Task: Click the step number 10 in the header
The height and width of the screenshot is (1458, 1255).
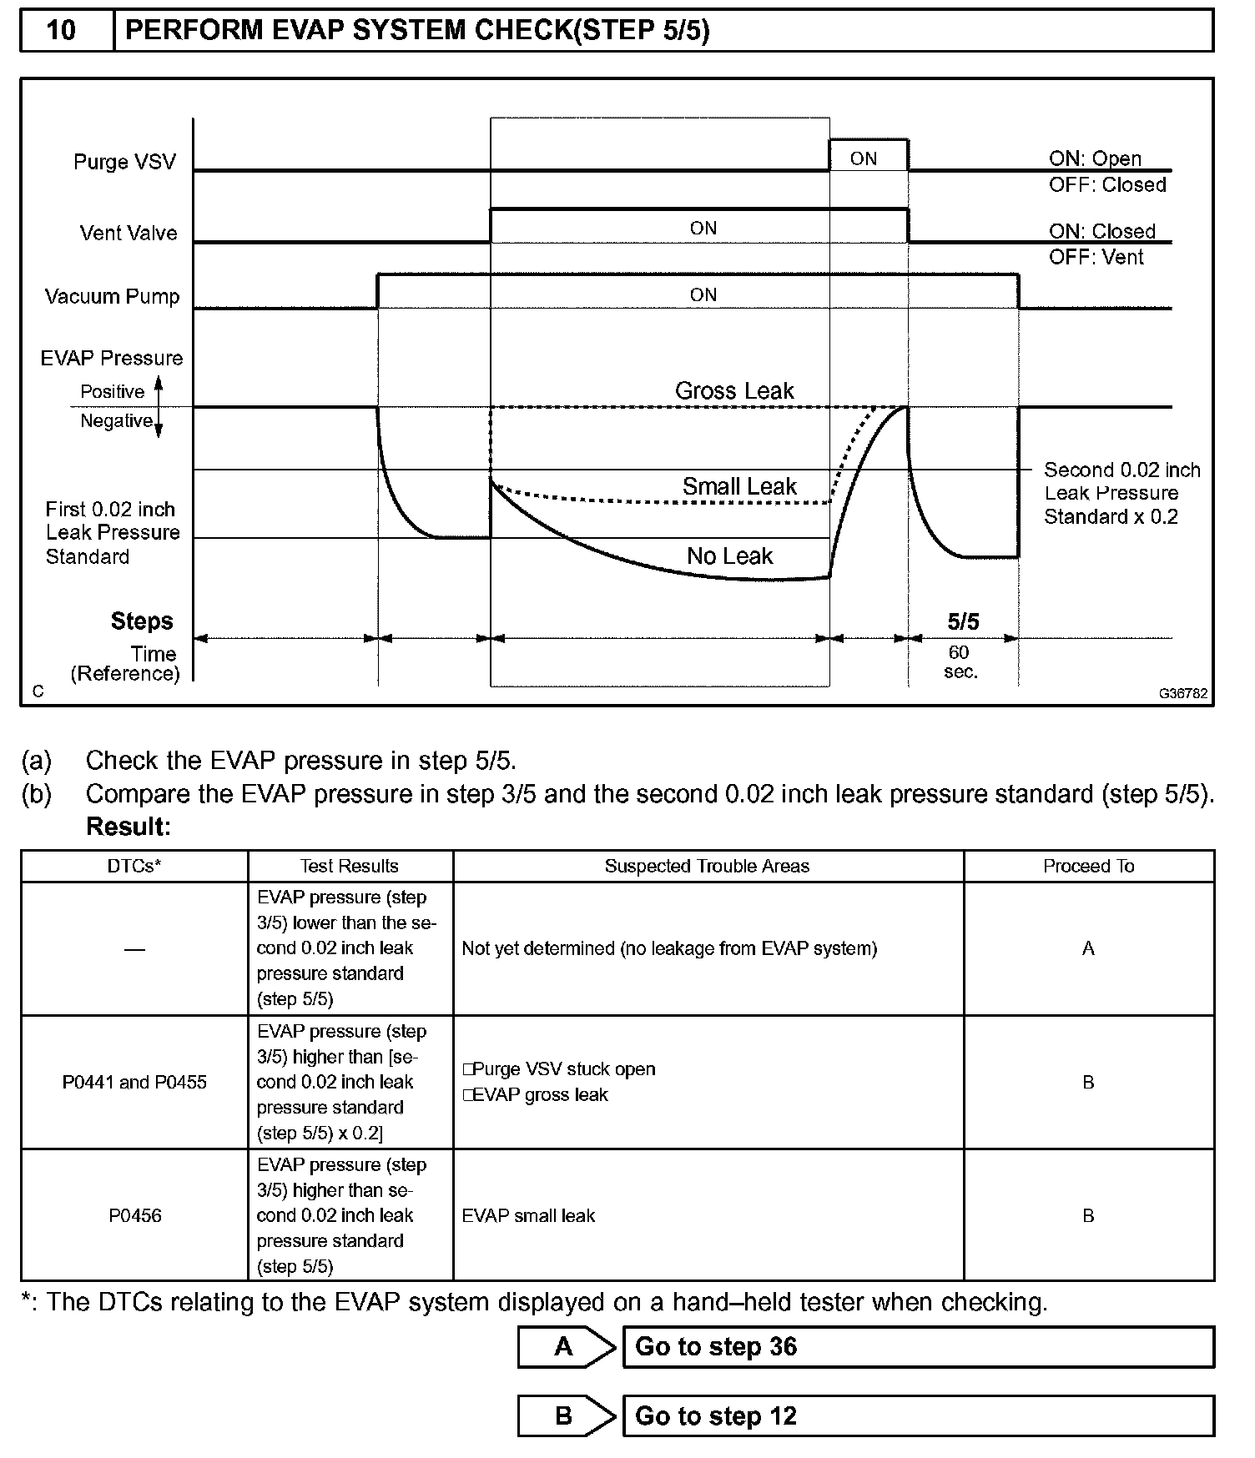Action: pyautogui.click(x=61, y=31)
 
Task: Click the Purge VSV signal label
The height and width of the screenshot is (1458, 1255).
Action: pyautogui.click(x=124, y=162)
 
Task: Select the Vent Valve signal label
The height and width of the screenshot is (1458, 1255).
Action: pyautogui.click(x=129, y=233)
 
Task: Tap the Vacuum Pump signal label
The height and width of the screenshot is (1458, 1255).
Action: pyautogui.click(x=112, y=297)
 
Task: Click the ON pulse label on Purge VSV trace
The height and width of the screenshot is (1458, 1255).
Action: pyautogui.click(x=864, y=158)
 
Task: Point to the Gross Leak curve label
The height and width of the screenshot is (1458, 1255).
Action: pyautogui.click(x=734, y=390)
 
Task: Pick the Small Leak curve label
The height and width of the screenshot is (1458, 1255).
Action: pyautogui.click(x=739, y=486)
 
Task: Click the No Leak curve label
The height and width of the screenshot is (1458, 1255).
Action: pyautogui.click(x=729, y=556)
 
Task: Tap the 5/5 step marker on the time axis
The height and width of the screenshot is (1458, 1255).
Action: pyautogui.click(x=963, y=621)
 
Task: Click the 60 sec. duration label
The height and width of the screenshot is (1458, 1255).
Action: pyautogui.click(x=960, y=662)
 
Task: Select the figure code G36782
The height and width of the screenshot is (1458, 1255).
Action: pyautogui.click(x=1182, y=693)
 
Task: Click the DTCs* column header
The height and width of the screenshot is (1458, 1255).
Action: pyautogui.click(x=134, y=867)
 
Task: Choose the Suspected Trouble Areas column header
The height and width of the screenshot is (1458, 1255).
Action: pyautogui.click(x=707, y=867)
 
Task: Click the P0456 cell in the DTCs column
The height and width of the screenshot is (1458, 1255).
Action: pyautogui.click(x=134, y=1215)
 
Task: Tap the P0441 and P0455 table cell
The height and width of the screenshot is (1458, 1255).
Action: pyautogui.click(x=134, y=1082)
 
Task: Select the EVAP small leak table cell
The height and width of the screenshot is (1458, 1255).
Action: pyautogui.click(x=528, y=1215)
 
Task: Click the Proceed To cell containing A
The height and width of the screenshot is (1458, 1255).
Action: pyautogui.click(x=1088, y=948)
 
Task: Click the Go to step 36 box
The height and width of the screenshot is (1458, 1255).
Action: pyautogui.click(x=918, y=1347)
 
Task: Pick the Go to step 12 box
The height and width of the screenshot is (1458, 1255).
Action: pyautogui.click(x=918, y=1416)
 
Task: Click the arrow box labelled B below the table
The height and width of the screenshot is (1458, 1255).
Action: pyautogui.click(x=565, y=1416)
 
